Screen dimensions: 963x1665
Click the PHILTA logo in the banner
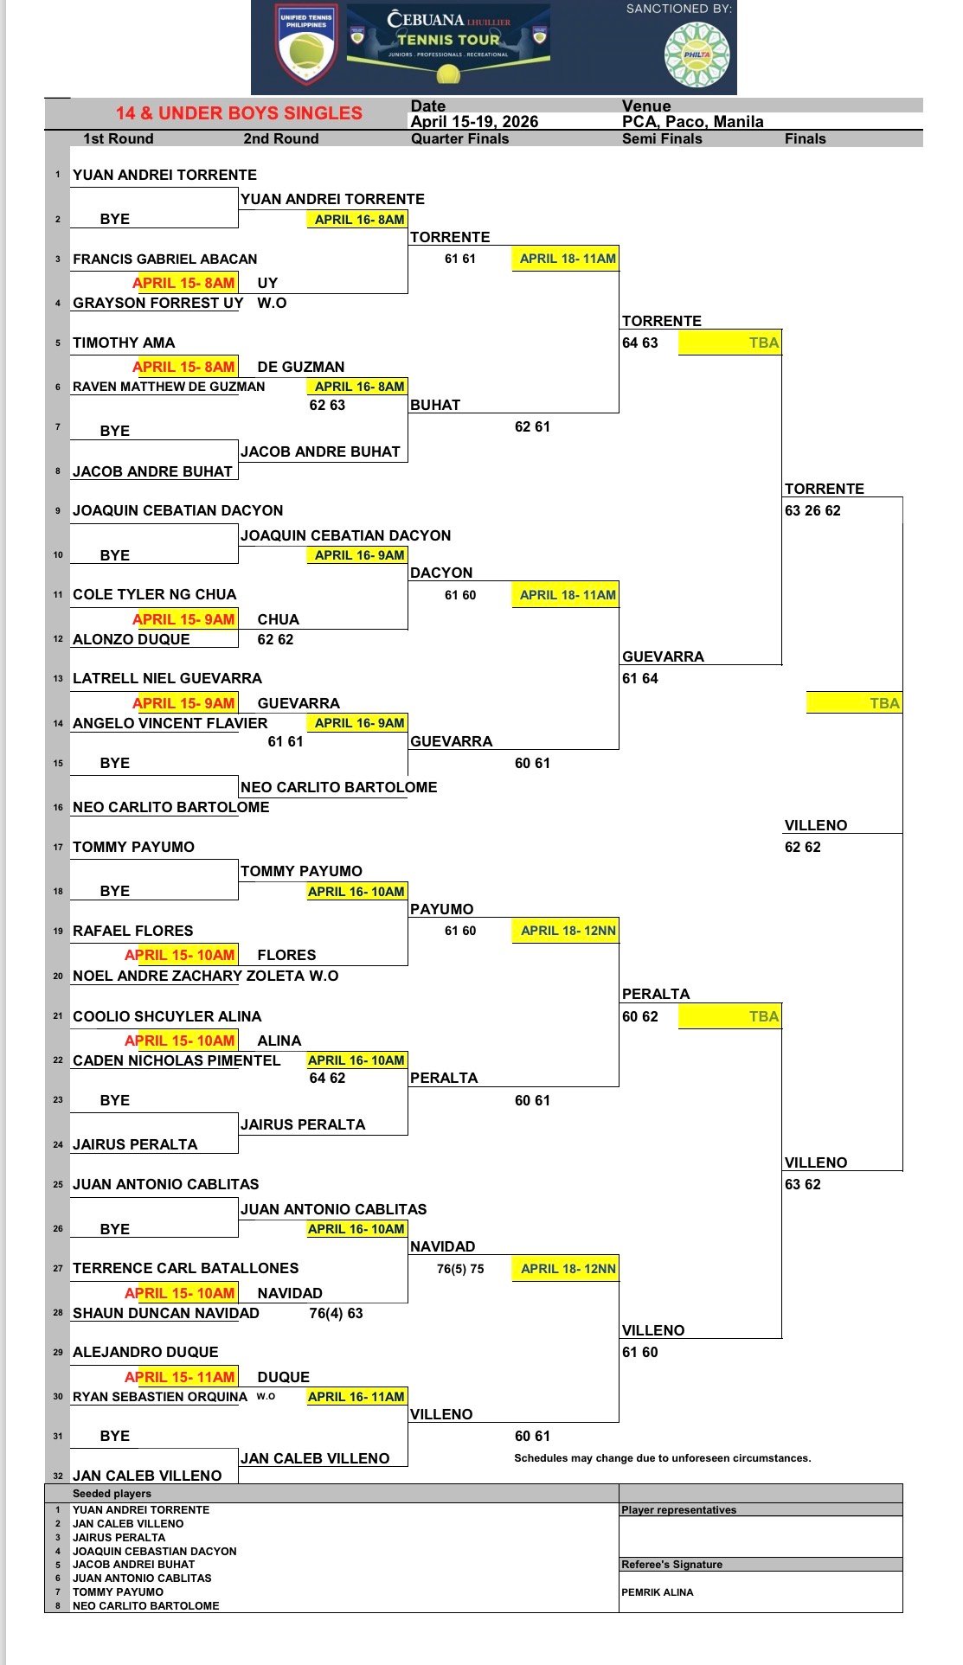pyautogui.click(x=697, y=54)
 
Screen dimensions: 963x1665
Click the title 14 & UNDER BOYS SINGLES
pyautogui.click(x=239, y=113)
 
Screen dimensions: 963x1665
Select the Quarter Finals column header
pyautogui.click(x=459, y=138)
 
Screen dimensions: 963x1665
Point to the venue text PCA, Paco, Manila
pyautogui.click(x=692, y=122)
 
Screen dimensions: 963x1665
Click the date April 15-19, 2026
pyautogui.click(x=474, y=122)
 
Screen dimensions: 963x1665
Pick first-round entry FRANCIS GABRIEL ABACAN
pyautogui.click(x=164, y=259)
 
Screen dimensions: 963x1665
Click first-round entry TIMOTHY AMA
pyautogui.click(x=124, y=343)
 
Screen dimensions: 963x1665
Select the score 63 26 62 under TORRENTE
pyautogui.click(x=812, y=510)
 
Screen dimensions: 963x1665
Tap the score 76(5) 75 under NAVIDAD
pyautogui.click(x=460, y=1269)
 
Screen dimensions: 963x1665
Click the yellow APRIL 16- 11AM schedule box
pyautogui.click(x=356, y=1397)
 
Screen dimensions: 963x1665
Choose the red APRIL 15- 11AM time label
pyautogui.click(x=180, y=1377)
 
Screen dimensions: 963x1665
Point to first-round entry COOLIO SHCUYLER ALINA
pyautogui.click(x=167, y=1016)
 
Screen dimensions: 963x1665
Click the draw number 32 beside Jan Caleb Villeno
pyautogui.click(x=58, y=1476)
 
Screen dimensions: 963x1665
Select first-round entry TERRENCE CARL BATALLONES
pyautogui.click(x=185, y=1268)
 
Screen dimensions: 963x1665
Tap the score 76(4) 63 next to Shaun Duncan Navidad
pyautogui.click(x=336, y=1313)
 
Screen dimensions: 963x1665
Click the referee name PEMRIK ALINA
pyautogui.click(x=658, y=1592)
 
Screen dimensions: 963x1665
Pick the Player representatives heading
pyautogui.click(x=679, y=1510)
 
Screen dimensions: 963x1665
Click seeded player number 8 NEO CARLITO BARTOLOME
pyautogui.click(x=145, y=1606)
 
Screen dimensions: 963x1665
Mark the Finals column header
pyautogui.click(x=806, y=138)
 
